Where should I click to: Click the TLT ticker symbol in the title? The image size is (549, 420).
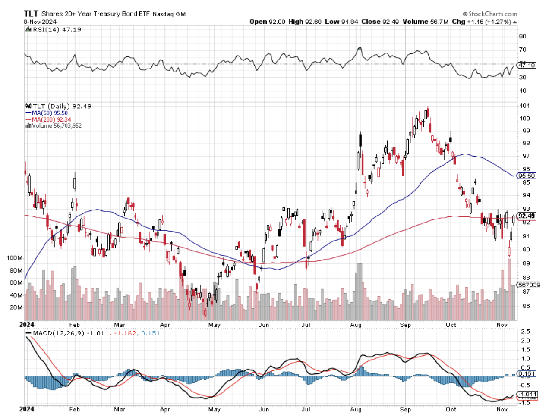[31, 14]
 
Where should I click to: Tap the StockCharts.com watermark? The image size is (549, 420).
[490, 14]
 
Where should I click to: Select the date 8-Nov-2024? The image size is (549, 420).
[40, 22]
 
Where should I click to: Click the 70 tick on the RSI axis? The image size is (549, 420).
[522, 50]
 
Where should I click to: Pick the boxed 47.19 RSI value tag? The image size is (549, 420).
[527, 65]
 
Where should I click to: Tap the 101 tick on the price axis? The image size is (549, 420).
[525, 106]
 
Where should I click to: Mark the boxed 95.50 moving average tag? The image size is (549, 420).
[527, 176]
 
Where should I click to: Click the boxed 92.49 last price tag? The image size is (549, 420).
[527, 216]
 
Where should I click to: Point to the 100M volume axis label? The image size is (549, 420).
[15, 258]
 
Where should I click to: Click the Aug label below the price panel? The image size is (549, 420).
[356, 325]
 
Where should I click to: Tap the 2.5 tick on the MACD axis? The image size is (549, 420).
[525, 332]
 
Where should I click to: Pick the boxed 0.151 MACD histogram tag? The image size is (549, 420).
[527, 374]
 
